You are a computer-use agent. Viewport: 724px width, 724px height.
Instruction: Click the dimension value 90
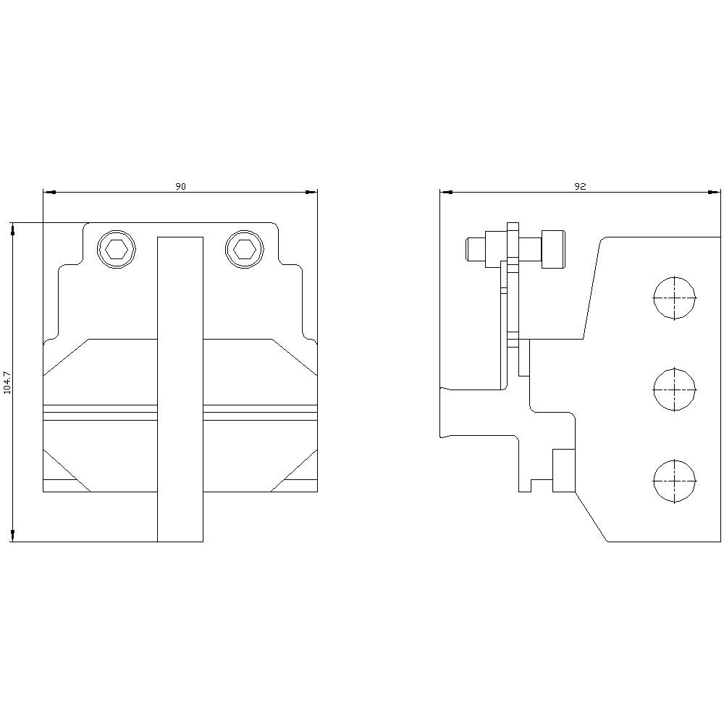(180, 186)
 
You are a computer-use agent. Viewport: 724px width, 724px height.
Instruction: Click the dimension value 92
(580, 186)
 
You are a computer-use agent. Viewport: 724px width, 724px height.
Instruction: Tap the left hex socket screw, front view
(117, 249)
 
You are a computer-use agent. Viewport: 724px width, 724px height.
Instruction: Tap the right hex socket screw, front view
(244, 249)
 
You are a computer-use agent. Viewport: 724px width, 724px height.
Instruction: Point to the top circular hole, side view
(674, 298)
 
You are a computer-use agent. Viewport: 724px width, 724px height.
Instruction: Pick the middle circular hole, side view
(674, 390)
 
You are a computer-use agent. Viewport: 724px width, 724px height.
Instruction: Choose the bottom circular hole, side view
(674, 481)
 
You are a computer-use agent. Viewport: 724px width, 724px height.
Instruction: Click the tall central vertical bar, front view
(180, 389)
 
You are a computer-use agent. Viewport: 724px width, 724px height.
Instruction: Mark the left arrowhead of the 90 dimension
(49, 192)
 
